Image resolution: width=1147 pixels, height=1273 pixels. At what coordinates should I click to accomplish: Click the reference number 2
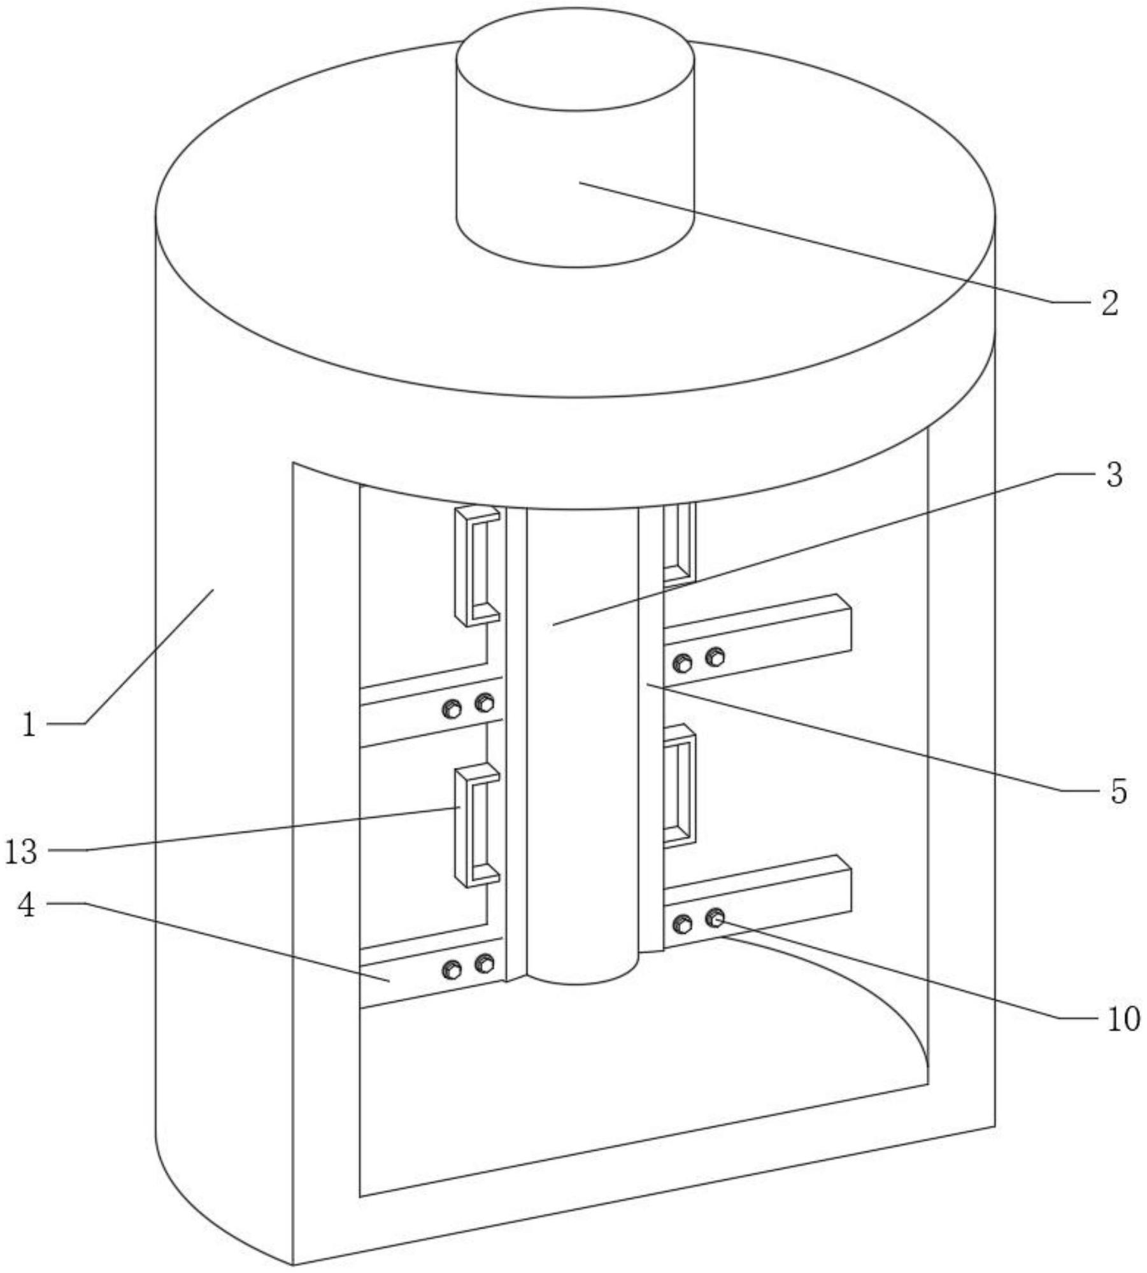[1109, 304]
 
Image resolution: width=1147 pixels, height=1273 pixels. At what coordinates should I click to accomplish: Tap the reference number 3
[1114, 475]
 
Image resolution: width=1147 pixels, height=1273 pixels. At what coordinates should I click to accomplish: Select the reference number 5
[1118, 792]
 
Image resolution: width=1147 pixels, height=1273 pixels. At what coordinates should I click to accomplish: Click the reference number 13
[22, 853]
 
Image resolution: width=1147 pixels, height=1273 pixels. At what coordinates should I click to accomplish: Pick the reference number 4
[26, 906]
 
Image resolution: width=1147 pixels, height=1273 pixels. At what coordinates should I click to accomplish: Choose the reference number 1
[29, 725]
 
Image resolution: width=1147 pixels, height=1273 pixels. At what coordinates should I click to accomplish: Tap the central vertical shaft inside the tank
[582, 732]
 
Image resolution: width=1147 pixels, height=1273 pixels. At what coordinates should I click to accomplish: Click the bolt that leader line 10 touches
[716, 919]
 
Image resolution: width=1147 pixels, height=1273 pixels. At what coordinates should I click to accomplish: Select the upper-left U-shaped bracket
[476, 565]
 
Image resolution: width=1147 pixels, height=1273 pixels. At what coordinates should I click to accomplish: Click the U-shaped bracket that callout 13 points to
[476, 827]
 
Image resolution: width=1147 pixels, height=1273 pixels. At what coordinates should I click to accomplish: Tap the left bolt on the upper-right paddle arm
[683, 664]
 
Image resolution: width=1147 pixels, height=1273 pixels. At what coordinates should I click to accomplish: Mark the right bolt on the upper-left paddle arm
[485, 703]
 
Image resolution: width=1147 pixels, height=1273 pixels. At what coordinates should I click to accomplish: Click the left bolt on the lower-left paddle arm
[452, 971]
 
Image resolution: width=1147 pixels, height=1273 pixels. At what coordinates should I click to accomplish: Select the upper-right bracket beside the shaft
[678, 543]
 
